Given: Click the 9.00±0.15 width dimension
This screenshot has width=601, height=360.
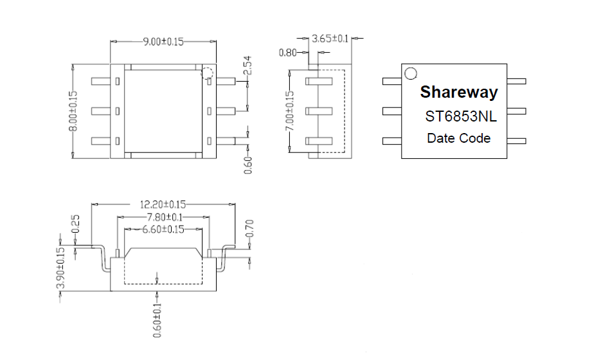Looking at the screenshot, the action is pos(163,41).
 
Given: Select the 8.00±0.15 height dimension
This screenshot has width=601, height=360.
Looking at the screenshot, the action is pos(73,111).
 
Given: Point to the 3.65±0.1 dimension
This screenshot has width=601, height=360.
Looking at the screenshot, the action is pos(330,39).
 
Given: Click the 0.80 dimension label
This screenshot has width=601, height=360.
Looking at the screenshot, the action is pos(287,53).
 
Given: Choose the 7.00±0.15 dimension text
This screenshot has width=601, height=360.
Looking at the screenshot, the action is pos(290,111).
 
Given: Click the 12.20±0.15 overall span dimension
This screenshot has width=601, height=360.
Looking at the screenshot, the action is pos(163,204).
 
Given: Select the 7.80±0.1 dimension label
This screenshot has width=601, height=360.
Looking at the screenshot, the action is pos(165,217).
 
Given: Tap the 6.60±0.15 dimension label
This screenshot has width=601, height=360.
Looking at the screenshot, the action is pos(163,230).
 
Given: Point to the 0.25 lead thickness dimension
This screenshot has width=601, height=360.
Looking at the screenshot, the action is pos(75,224).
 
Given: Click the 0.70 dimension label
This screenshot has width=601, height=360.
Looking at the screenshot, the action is pos(249,228).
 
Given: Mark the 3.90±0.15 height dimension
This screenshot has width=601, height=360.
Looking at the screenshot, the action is pos(60,268).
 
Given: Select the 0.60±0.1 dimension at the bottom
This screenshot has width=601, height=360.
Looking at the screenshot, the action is pos(157,320).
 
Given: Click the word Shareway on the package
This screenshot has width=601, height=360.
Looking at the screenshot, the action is pos(459,92).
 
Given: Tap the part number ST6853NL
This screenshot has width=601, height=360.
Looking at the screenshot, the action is pos(461,116).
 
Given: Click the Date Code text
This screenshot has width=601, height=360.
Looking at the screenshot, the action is pos(459,138).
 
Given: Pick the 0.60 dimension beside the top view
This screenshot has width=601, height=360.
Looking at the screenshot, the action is pos(248,165).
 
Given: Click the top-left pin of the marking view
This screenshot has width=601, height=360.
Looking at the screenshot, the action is pos(391,81).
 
